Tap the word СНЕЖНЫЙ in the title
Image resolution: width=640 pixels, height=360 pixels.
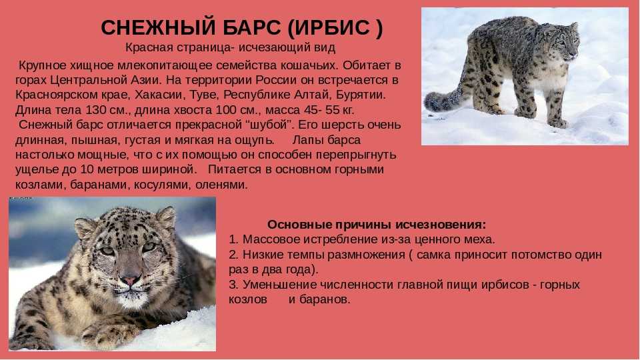157,28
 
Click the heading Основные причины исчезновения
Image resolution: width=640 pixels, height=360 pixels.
377,225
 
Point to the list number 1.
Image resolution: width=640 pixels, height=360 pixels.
233,239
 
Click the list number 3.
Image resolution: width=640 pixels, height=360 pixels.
233,285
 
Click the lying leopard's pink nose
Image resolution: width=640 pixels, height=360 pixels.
130,281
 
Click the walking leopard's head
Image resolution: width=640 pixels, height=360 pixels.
565,41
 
